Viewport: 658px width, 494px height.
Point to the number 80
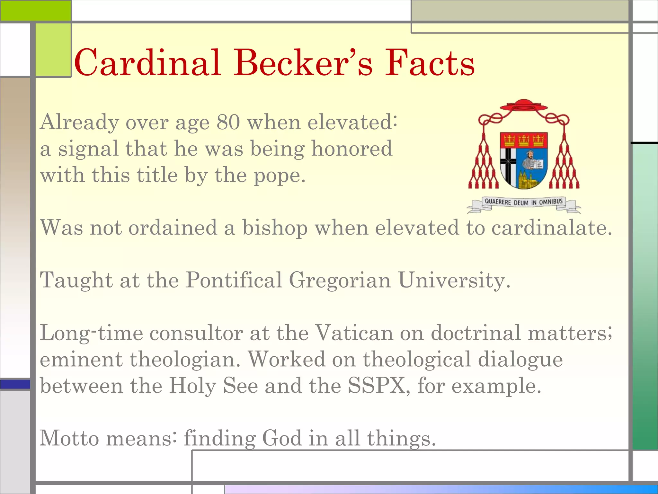pyautogui.click(x=228, y=122)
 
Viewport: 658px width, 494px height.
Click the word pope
pyautogui.click(x=279, y=176)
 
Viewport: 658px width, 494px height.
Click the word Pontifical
pyautogui.click(x=234, y=280)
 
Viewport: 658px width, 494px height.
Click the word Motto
pyautogui.click(x=69, y=438)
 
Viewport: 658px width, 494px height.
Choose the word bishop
pyautogui.click(x=275, y=228)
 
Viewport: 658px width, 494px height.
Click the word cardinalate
pyautogui.click(x=552, y=228)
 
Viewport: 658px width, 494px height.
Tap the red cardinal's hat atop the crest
pyautogui.click(x=524, y=105)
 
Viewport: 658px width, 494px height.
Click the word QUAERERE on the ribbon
pyautogui.click(x=498, y=202)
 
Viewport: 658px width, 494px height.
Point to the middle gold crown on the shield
pyautogui.click(x=524, y=140)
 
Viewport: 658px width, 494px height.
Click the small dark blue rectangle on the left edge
pyautogui.click(x=15, y=384)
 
